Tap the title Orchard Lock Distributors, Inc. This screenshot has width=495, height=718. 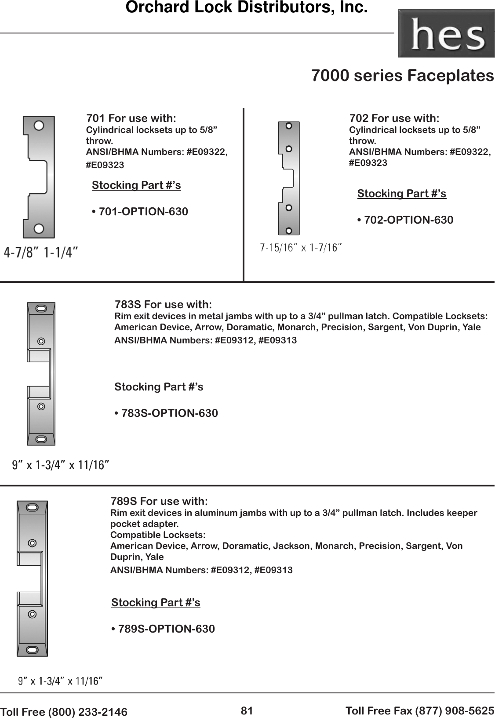pos(246,8)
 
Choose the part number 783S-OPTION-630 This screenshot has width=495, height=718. pos(169,413)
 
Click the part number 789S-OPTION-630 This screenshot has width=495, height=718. pos(167,629)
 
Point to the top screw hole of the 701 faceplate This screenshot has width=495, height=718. pos(39,125)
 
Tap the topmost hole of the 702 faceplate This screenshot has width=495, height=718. pos(289,126)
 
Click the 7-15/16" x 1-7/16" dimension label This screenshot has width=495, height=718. pos(301,248)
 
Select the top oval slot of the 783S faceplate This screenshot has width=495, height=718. pos(41,309)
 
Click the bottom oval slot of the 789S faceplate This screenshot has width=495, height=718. pos(32,649)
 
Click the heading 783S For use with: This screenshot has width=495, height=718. pos(163,305)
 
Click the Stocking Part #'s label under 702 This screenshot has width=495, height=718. pos(401,194)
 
